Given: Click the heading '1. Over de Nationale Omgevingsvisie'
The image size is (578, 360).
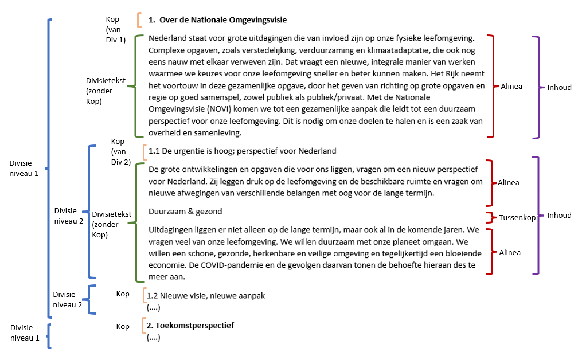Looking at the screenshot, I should (217, 20).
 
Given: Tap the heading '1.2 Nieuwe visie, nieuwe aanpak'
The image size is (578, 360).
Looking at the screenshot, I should (206, 296).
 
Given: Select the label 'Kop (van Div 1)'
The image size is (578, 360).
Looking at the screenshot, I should (115, 29).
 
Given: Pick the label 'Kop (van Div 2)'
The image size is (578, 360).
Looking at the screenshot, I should (120, 151).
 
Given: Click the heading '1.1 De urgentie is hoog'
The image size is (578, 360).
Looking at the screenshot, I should (241, 151).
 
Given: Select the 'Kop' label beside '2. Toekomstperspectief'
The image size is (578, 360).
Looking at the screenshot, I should (123, 327).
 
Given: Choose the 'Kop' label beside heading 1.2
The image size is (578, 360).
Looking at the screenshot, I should (123, 294).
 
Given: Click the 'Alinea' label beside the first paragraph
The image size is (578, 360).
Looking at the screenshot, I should (511, 86).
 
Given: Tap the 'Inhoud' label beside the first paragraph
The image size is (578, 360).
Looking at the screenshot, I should (559, 87).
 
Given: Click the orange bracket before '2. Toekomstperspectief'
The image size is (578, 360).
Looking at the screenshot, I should (143, 325).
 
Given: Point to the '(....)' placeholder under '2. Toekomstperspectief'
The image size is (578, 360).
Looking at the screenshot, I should (154, 338).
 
